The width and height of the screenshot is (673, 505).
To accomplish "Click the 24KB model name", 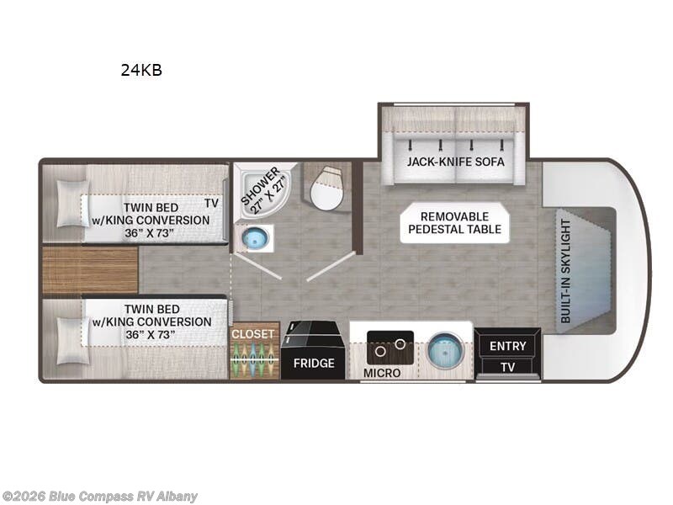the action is click(x=141, y=70).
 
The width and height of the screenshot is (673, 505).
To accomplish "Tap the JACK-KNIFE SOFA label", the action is click(x=455, y=162).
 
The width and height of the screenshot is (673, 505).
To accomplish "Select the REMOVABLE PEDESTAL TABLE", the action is click(x=454, y=223).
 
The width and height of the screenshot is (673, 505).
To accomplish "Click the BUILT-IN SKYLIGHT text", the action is click(x=565, y=271).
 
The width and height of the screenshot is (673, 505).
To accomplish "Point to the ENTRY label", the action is click(x=508, y=346).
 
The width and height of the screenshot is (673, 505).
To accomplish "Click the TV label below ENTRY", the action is click(x=508, y=367).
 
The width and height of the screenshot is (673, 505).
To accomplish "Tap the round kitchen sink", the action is click(x=446, y=348).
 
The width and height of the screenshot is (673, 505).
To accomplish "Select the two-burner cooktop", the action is click(x=390, y=348).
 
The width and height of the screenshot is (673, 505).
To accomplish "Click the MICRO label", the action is click(x=382, y=373).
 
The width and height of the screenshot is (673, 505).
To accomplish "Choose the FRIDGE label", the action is click(x=314, y=364).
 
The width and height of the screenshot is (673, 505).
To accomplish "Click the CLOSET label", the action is click(x=253, y=333).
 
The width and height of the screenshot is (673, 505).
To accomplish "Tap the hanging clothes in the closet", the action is click(x=252, y=359).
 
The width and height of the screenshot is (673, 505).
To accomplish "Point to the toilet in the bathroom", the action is click(x=327, y=188).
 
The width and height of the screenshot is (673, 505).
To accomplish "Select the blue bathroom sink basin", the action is click(x=255, y=238).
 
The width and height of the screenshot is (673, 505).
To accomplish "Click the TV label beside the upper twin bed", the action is click(x=211, y=203).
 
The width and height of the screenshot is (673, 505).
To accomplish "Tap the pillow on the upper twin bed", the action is click(x=73, y=203).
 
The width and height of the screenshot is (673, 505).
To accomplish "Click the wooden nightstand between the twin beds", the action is click(x=90, y=269).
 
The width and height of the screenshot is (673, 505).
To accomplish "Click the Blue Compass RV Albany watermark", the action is click(x=99, y=497).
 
